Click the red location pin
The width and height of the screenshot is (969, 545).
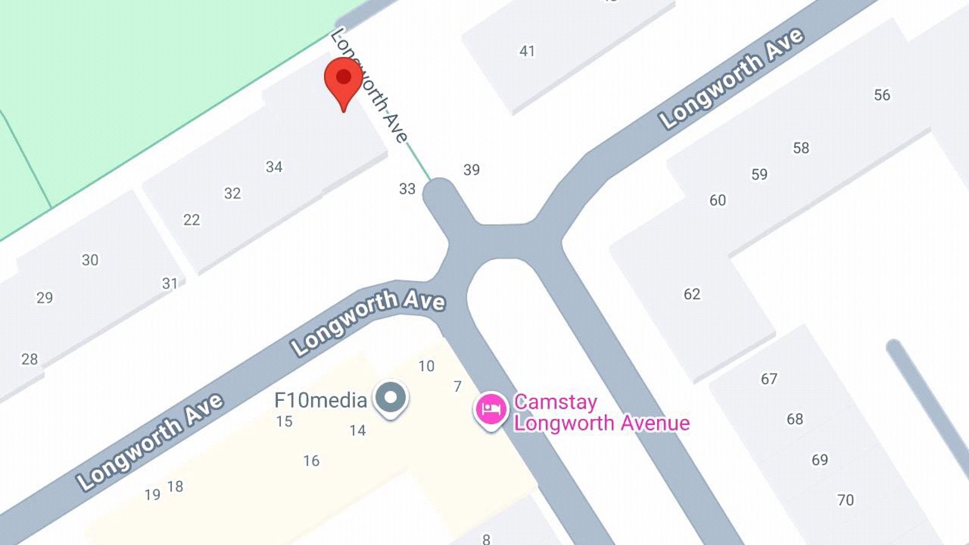tap(343, 81)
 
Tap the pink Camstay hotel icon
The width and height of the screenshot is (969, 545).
tap(491, 410)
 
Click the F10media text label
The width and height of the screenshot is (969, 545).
tap(320, 400)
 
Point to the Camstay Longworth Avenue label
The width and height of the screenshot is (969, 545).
tap(601, 412)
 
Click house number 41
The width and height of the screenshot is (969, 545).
tap(527, 51)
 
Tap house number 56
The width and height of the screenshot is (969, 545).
tap(882, 95)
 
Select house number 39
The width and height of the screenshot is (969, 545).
tap(471, 170)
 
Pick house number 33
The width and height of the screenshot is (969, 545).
tap(407, 190)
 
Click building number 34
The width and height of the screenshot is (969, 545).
tap(274, 167)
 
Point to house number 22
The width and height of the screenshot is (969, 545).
tap(191, 220)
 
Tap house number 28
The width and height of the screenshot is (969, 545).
tap(29, 359)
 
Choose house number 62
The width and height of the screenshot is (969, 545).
tap(692, 294)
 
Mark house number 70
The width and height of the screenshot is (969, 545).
tap(845, 500)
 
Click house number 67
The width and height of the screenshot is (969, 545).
tap(769, 379)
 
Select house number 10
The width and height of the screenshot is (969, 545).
tap(426, 366)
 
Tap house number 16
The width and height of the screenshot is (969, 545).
tap(311, 461)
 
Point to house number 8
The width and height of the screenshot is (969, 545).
tap(486, 538)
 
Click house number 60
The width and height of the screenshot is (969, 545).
tap(718, 200)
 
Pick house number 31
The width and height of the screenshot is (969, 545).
tap(170, 283)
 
